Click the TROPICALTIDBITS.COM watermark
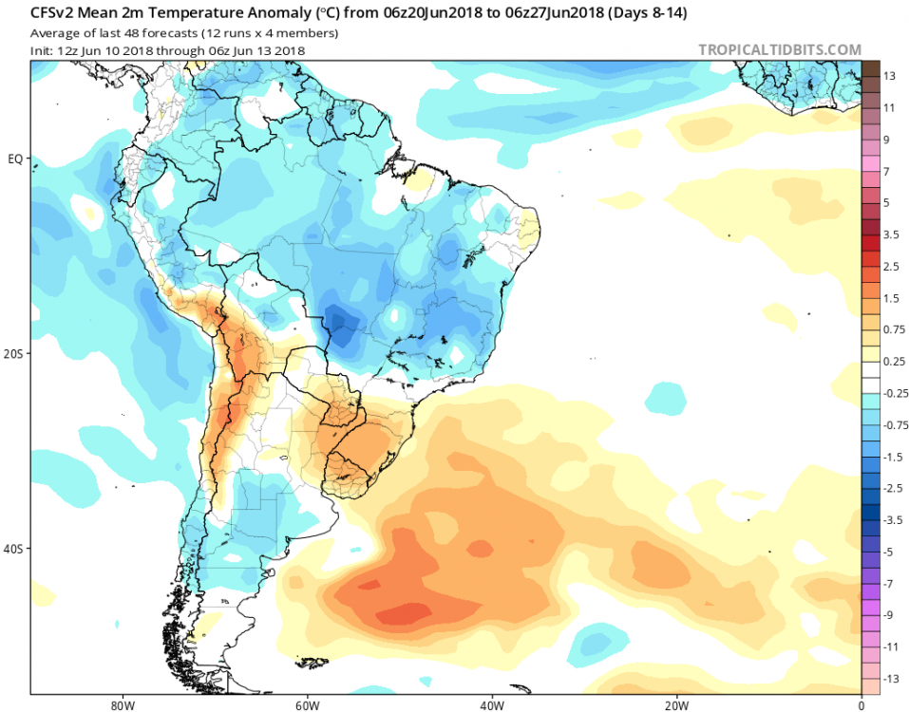pos(780,49)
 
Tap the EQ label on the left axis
pos(15,159)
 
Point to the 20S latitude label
pos(15,353)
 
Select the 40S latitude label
pos(15,549)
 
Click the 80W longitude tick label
pos(120,705)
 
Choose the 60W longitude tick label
pos(305,705)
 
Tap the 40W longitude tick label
pos(491,705)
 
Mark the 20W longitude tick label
pos(676,705)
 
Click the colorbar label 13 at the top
pos(890,76)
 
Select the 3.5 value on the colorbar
pos(892,234)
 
